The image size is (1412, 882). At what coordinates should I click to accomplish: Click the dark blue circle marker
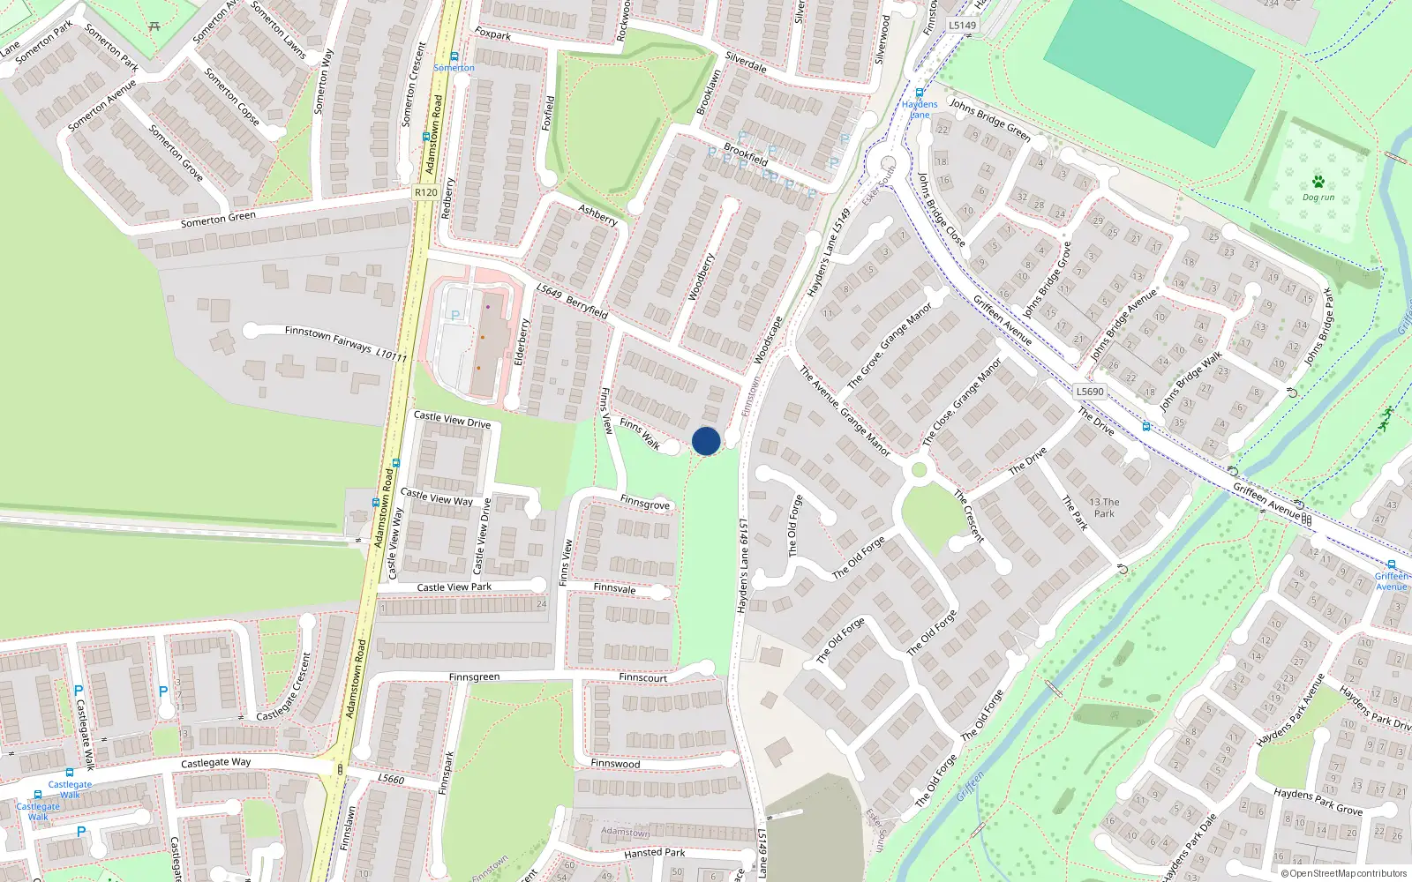coord(706,441)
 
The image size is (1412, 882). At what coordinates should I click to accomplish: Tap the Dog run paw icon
coord(1318,182)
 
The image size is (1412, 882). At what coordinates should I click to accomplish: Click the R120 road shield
coord(426,192)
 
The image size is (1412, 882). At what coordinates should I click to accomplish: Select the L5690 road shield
coord(1090,391)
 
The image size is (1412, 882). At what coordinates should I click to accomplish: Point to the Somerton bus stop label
coord(454,68)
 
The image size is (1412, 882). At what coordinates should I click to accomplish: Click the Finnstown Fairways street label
coord(327,338)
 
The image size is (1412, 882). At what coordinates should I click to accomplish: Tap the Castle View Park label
coord(454,587)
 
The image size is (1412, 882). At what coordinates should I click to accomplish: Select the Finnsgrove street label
coord(644,503)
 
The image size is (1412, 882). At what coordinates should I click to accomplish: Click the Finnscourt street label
coord(642,677)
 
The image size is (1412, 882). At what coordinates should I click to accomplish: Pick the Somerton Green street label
coord(218,219)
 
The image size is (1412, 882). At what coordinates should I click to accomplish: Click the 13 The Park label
coord(1104,507)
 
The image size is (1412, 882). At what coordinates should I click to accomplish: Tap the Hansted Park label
coord(654,853)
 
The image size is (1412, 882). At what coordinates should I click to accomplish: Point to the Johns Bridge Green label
coord(989,119)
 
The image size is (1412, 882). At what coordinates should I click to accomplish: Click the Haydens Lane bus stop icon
coord(920,93)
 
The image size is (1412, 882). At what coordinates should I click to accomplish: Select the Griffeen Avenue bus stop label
coord(1391,581)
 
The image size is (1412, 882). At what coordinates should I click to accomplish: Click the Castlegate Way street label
coord(215,763)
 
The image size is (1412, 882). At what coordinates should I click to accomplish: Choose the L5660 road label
coord(391,779)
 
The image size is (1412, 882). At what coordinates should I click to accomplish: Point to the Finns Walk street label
coord(640,433)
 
